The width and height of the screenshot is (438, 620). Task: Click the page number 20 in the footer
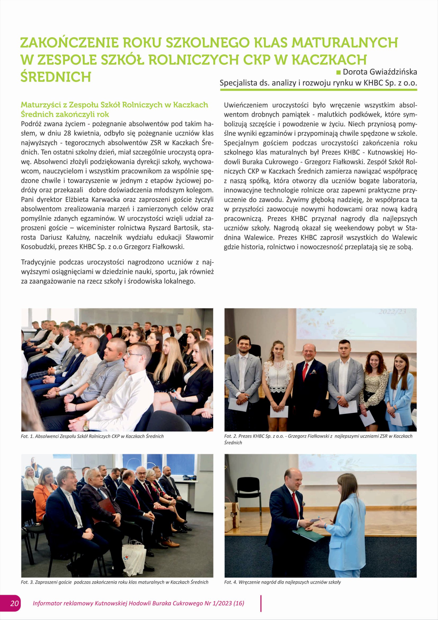pos(14,603)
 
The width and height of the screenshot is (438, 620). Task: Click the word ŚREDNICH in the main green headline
pos(56,77)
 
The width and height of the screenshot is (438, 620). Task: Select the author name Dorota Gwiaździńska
pos(380,72)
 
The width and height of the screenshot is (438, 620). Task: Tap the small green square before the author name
pos(338,72)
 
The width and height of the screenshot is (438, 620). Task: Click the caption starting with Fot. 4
pos(282,582)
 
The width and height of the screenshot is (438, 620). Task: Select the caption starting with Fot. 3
pos(115,582)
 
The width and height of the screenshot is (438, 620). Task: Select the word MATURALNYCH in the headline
pos(345,43)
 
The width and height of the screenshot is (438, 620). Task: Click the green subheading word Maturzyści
pos(44,105)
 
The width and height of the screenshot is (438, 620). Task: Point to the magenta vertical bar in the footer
pos(261,603)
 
